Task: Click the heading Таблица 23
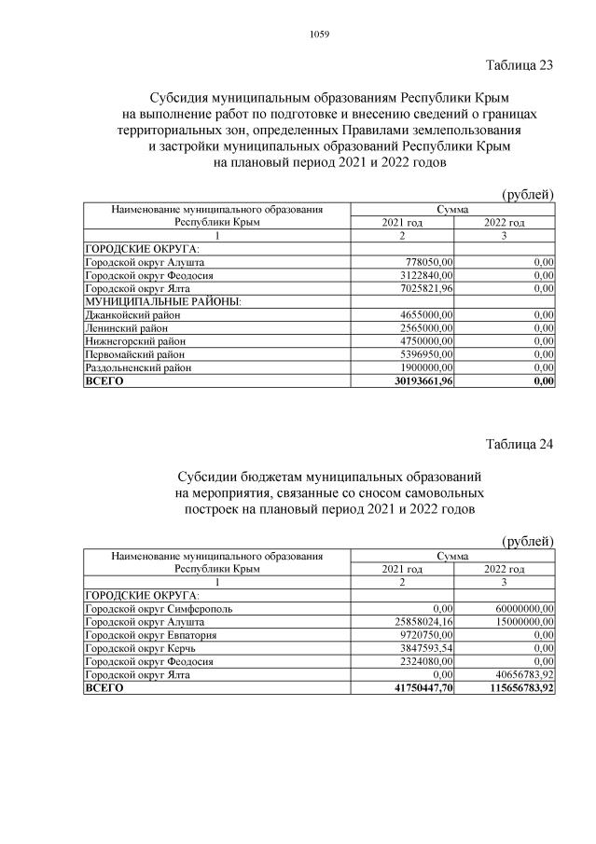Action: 520,65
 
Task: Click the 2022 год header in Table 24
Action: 504,568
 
